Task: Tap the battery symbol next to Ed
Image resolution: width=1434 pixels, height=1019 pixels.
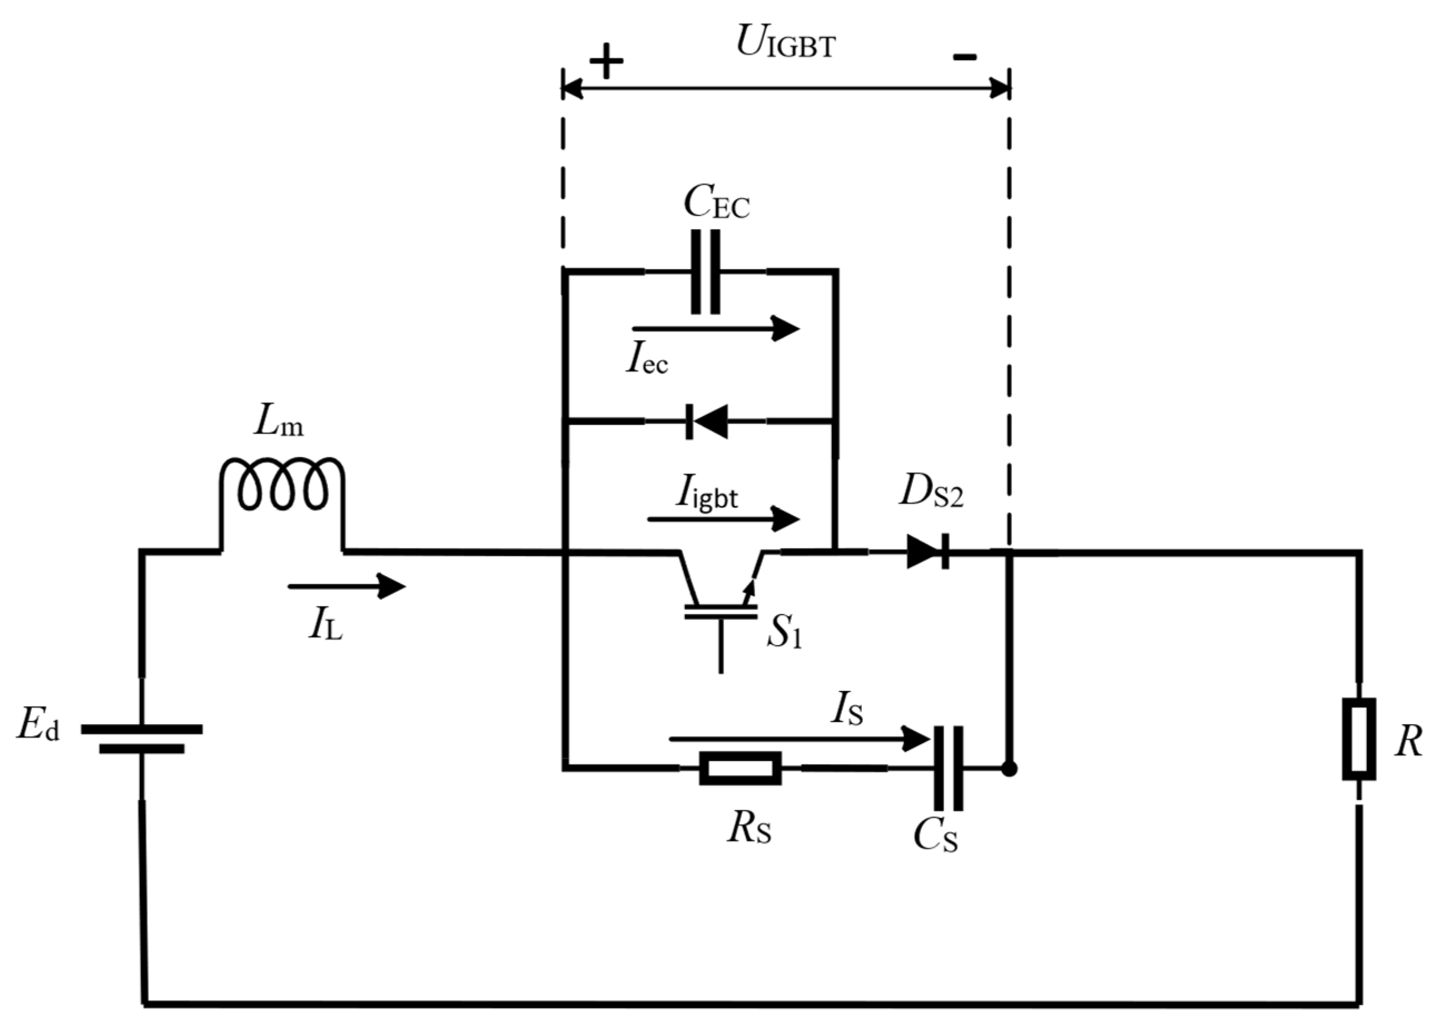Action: [142, 739]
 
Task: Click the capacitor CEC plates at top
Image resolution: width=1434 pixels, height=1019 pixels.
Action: [705, 271]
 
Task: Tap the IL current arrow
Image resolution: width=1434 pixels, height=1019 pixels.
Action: [346, 587]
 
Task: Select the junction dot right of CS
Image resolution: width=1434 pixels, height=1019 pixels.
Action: [1009, 769]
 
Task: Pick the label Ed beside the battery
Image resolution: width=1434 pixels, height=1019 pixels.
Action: [38, 726]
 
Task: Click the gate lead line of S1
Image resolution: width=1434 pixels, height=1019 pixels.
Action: [721, 646]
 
